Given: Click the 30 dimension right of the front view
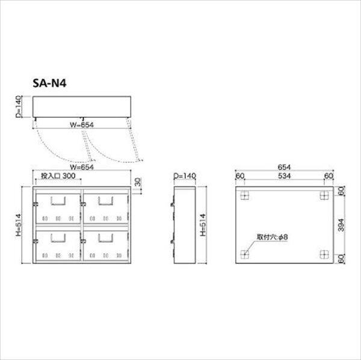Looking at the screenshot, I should coord(138,182).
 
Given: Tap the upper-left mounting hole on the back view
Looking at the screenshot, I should coord(244,196).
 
